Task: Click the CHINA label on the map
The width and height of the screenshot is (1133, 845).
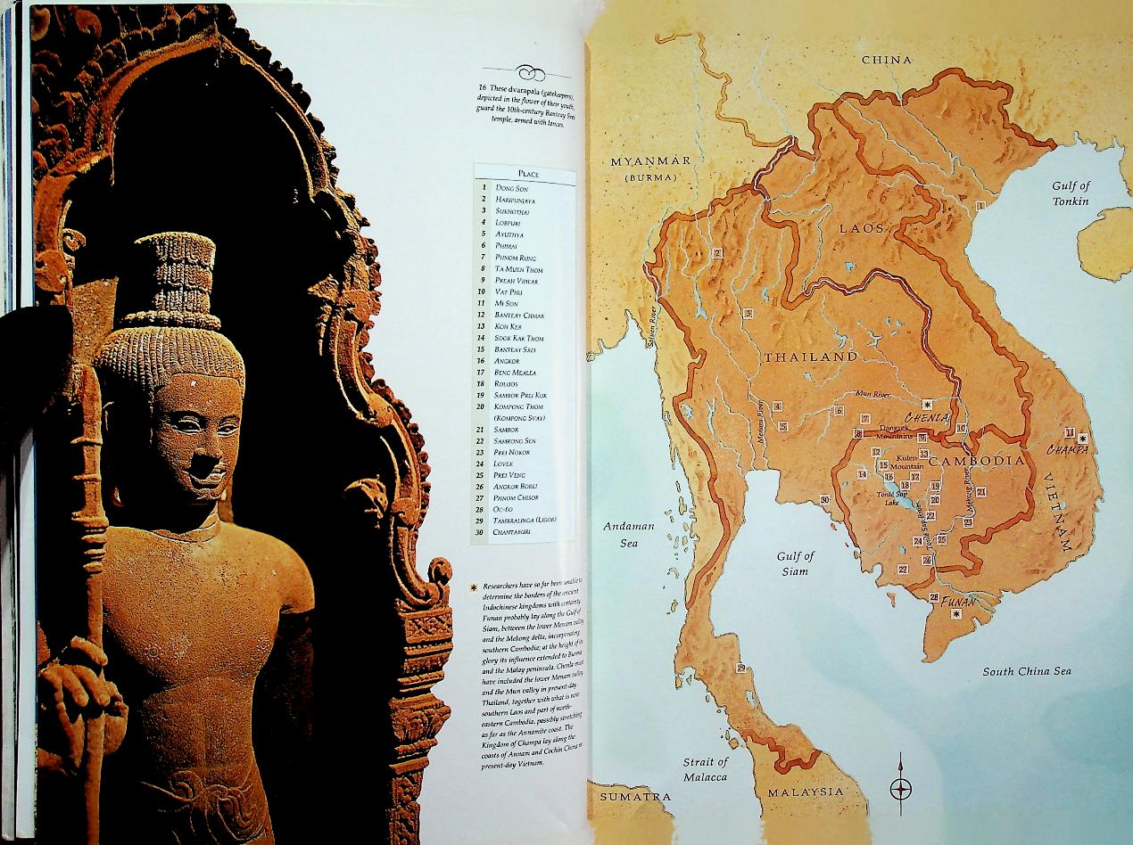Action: coord(886,60)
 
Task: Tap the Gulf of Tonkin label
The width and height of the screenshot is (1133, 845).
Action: coord(1071,193)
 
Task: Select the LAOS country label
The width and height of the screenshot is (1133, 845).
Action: coord(861,229)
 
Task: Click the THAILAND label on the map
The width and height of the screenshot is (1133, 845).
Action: coord(809,357)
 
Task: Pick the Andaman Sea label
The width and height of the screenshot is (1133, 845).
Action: coord(629,534)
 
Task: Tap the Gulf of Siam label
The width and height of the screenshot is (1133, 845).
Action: coord(795,563)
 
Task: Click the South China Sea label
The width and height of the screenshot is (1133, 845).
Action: coord(1027,671)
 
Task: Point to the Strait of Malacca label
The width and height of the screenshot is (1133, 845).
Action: coord(705,769)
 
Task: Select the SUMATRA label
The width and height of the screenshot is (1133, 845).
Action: coord(634,795)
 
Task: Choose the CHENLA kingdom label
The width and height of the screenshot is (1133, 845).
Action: coord(926,416)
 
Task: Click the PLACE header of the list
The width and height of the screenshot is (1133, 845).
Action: coord(525,174)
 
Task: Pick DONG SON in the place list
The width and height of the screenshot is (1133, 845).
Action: coord(512,188)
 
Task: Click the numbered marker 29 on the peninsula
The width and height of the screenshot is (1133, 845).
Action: coord(740,668)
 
